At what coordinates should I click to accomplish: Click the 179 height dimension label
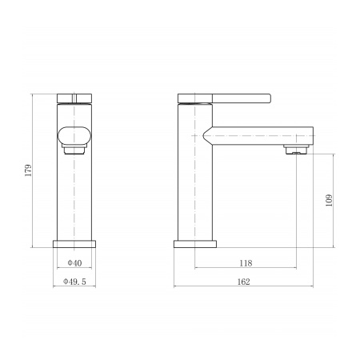click(28, 170)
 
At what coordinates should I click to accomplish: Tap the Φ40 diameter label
click(74, 263)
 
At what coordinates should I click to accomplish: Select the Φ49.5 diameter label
click(74, 282)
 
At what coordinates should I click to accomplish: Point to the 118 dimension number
click(246, 263)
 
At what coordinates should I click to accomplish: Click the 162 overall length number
click(243, 282)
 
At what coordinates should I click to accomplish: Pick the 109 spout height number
click(329, 200)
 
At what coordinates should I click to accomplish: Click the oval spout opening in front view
click(74, 135)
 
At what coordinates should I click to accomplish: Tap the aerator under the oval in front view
click(74, 150)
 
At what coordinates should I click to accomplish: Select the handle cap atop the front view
click(74, 98)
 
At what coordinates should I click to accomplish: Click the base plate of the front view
click(74, 244)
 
